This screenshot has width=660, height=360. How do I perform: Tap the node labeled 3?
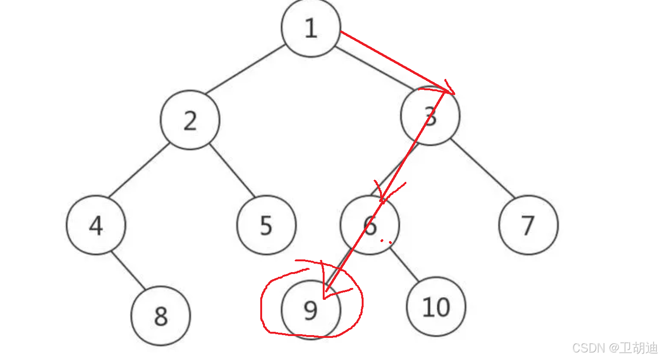430,116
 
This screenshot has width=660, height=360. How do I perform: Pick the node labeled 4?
96,225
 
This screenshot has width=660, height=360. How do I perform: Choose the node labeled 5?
266,225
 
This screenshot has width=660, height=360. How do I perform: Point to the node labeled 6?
370,225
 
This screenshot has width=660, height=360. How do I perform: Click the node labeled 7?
528,225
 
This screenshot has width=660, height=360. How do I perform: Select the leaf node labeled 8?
161,316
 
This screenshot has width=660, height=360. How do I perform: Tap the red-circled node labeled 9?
311,310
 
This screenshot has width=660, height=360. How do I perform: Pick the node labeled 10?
436,307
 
